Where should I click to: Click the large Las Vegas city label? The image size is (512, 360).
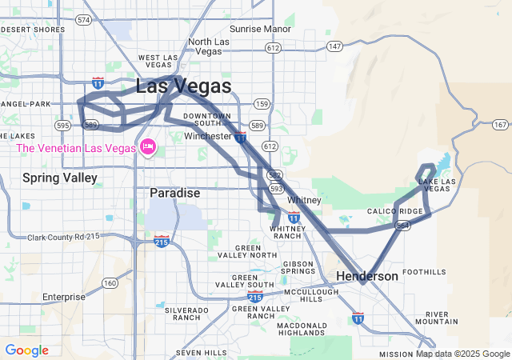pos(184,86)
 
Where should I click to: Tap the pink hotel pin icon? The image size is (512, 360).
pos(147,147)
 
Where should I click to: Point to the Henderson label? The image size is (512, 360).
pos(366,276)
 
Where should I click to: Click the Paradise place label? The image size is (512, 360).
pos(174,194)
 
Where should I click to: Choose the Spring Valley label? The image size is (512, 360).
pos(60,177)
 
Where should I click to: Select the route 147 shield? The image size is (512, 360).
pos(334,46)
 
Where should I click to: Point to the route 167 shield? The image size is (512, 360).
pos(500,124)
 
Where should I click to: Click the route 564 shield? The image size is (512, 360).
pos(404,226)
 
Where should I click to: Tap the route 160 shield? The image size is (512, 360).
pos(110,283)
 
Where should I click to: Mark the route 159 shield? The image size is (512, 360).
pos(261,104)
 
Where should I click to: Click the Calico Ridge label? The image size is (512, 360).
pos(394,211)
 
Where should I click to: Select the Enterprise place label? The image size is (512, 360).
pos(63,297)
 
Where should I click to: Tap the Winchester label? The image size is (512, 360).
pos(207,137)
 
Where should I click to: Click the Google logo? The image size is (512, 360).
pos(26,350)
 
